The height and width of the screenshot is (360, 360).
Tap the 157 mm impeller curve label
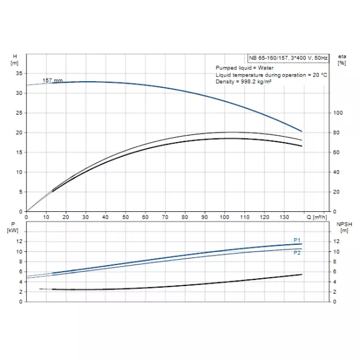click(x=53, y=80)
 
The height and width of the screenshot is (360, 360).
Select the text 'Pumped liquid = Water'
click(x=242, y=69)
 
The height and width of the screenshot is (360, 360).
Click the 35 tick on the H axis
click(x=19, y=73)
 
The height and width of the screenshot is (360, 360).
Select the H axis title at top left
click(x=15, y=59)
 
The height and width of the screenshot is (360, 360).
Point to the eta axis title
click(x=342, y=59)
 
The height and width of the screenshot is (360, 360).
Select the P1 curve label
click(x=297, y=240)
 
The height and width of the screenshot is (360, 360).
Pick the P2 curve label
click(x=297, y=253)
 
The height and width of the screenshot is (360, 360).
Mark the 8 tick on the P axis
click(x=20, y=261)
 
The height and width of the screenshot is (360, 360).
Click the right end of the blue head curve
click(x=302, y=131)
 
